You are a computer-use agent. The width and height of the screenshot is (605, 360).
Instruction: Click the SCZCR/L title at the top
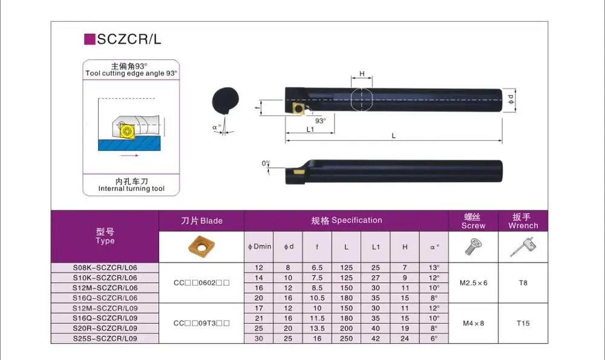(x=129, y=40)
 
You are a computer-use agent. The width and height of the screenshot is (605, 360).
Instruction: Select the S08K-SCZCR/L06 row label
(x=105, y=267)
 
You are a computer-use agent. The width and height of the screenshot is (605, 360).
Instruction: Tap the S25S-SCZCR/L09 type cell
(x=105, y=339)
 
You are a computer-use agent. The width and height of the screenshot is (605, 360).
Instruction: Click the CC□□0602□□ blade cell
(x=201, y=283)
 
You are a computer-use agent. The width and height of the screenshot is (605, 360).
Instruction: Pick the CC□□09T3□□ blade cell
(x=201, y=323)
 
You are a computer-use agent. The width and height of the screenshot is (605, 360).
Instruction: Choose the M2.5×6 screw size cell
(x=473, y=283)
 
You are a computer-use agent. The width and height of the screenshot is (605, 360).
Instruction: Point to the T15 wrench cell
(x=523, y=323)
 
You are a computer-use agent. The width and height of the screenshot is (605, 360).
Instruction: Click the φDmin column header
(x=260, y=246)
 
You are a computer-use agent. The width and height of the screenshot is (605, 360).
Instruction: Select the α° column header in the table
(x=434, y=246)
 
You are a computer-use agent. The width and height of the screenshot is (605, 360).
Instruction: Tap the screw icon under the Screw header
(x=473, y=246)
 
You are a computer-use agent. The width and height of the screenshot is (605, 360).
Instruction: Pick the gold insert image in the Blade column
(x=201, y=247)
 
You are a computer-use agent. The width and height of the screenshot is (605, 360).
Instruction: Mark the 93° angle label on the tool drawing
(x=320, y=120)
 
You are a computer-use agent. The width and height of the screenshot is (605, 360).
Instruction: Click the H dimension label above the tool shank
(x=362, y=74)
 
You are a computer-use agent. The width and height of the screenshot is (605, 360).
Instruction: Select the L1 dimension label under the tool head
(x=310, y=129)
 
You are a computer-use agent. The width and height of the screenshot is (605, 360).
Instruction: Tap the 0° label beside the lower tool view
(x=265, y=163)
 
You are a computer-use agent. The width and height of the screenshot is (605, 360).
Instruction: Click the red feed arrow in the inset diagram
(x=129, y=155)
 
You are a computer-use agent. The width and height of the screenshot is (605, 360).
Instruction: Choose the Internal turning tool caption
(x=131, y=189)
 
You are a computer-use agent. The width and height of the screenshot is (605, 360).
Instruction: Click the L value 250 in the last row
(x=346, y=339)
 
